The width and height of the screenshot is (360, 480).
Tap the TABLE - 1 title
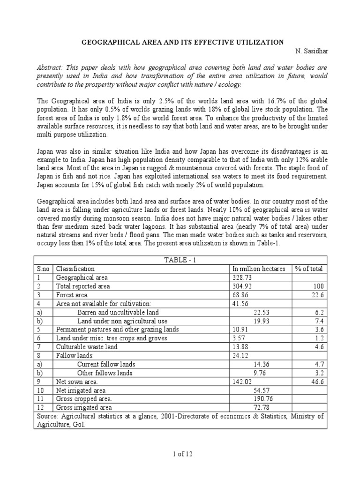(180, 260)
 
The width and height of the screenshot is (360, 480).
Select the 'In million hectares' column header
(258, 269)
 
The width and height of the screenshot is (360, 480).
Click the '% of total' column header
(309, 269)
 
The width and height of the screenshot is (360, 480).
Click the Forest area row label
(72, 295)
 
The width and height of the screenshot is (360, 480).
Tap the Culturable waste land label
(87, 347)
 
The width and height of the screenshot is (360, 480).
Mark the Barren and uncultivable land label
(118, 312)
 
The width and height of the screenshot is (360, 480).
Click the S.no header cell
(43, 269)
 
